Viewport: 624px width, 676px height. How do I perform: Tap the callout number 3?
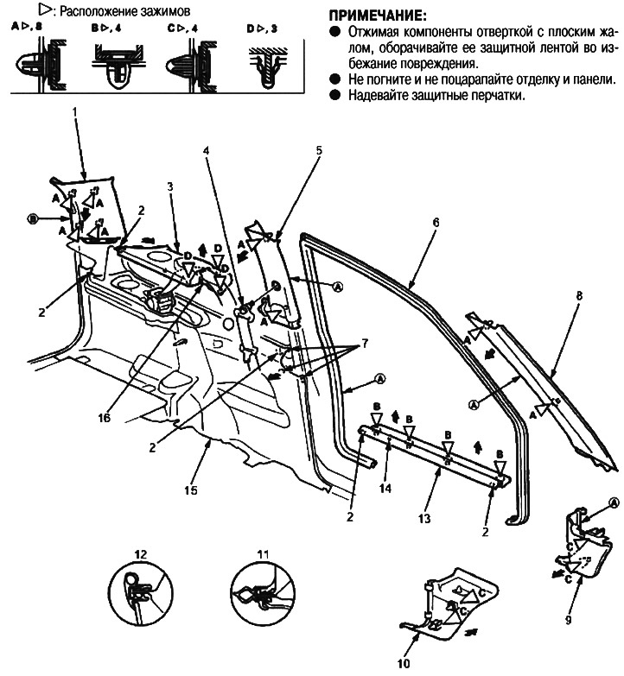(171, 186)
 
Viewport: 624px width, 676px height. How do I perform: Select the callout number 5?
(318, 150)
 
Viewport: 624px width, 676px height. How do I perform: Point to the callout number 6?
(436, 222)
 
